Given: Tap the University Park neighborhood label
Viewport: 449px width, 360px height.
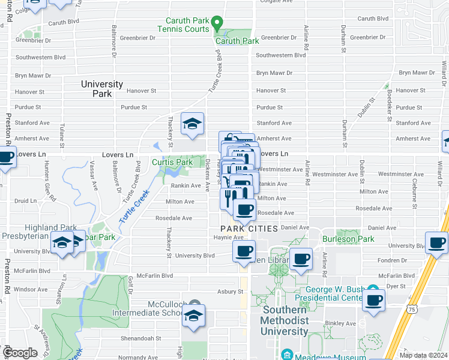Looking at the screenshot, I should pos(102,89).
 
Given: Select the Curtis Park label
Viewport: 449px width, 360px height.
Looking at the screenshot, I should pos(172,162).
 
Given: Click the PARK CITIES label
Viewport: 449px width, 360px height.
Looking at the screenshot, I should pos(249,229).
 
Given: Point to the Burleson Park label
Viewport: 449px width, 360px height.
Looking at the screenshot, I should pos(348,239).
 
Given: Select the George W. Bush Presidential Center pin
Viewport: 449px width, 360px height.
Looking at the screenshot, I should pos(373,289).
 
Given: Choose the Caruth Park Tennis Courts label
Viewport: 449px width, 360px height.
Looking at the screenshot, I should pos(184,25).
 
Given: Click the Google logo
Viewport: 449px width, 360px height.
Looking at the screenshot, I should pos(20,353).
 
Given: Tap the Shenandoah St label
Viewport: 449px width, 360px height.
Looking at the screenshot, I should pos(143,338).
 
